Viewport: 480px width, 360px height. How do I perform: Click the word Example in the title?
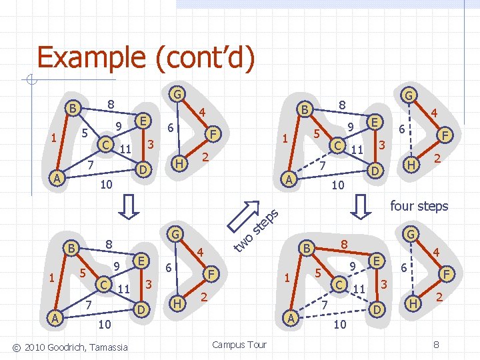(91, 57)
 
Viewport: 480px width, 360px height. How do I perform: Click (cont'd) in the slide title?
(205, 57)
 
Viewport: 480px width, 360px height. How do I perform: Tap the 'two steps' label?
(257, 231)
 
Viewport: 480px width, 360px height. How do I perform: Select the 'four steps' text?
(419, 206)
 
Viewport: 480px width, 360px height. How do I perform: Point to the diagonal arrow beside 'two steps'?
(244, 216)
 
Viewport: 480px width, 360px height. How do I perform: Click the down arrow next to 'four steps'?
(361, 207)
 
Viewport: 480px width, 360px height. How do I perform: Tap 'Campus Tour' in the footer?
(239, 345)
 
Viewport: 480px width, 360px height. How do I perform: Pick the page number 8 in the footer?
(436, 345)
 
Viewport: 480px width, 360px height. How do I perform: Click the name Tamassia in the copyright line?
(109, 347)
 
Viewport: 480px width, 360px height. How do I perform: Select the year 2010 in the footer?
(35, 347)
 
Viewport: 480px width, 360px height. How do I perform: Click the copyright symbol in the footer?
(16, 348)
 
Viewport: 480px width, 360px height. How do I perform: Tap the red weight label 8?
(345, 244)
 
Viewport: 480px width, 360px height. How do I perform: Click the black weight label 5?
(85, 133)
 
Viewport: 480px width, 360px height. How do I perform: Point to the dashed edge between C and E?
(357, 273)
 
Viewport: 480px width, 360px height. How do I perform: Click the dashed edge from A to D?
(334, 314)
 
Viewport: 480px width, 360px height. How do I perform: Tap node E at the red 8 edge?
(377, 261)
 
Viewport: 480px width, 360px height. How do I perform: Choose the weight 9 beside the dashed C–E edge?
(353, 266)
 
